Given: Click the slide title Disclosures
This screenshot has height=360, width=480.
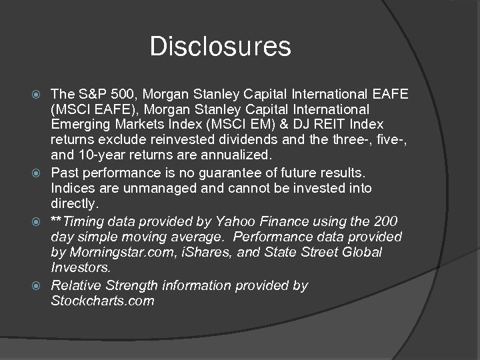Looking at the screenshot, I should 221,47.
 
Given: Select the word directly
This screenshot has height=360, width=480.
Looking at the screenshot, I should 74,204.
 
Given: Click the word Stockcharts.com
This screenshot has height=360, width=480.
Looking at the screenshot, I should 103,301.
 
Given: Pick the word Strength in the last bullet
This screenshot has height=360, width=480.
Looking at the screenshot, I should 139,285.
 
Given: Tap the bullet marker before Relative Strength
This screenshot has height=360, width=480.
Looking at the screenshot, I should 41,286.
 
